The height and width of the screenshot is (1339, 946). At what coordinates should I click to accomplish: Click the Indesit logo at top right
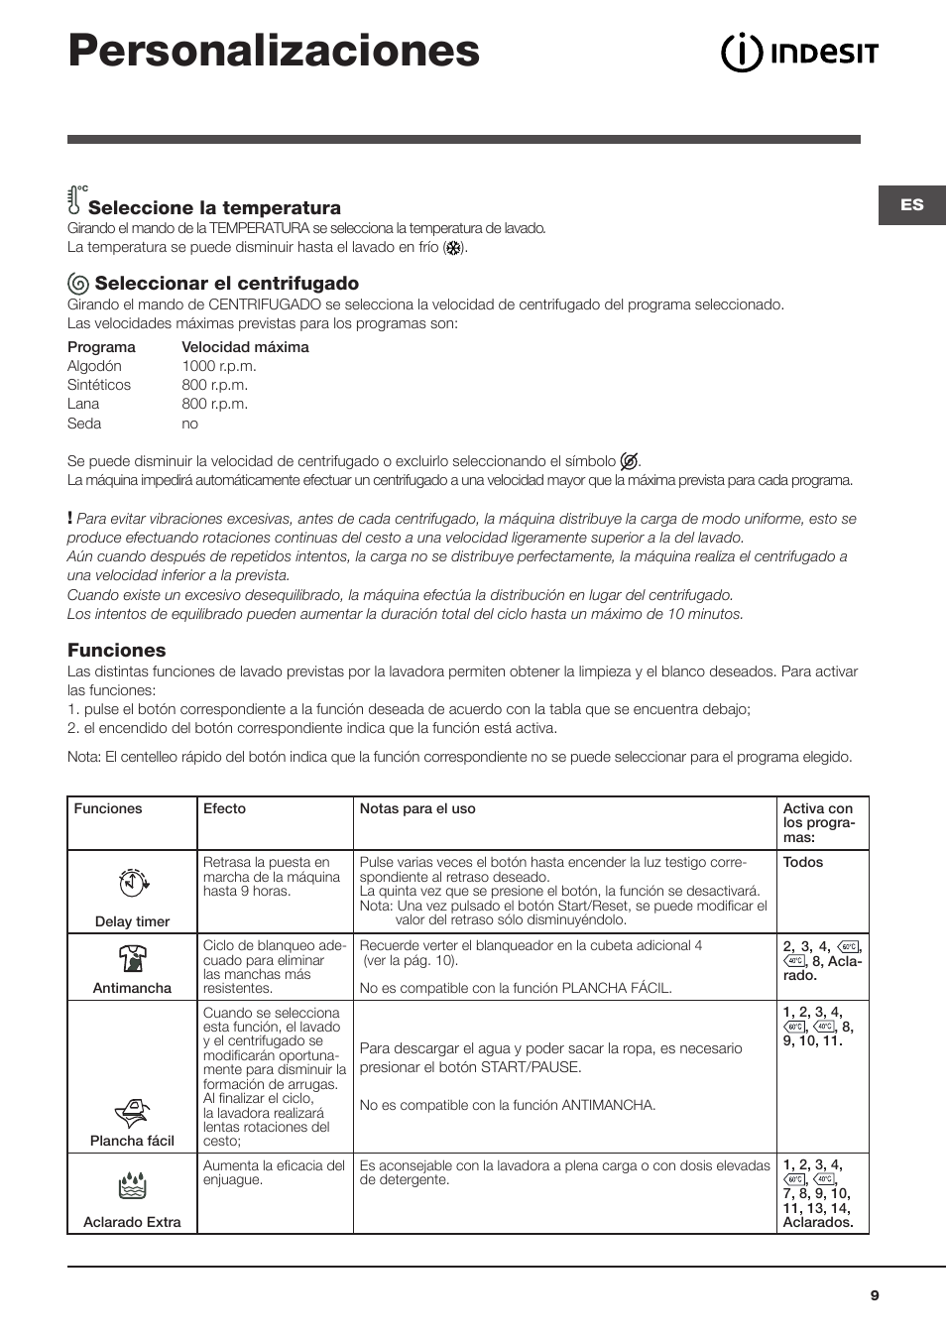click(x=799, y=53)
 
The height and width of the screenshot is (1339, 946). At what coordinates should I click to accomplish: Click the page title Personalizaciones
click(x=274, y=51)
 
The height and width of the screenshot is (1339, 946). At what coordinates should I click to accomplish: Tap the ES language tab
click(x=911, y=205)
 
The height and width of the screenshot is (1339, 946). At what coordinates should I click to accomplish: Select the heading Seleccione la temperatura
click(x=214, y=207)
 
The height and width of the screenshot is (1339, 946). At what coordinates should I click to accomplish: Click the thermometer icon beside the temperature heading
click(x=75, y=199)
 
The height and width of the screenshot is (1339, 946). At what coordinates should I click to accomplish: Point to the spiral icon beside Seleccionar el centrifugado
click(x=78, y=284)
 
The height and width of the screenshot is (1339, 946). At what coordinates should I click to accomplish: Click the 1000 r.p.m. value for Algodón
click(x=218, y=366)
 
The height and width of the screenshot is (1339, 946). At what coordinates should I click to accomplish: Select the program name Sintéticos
click(x=99, y=385)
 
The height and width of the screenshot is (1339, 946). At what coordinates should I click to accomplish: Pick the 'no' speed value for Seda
click(x=189, y=424)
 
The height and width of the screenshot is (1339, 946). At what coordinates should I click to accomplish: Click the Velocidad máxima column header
click(x=245, y=347)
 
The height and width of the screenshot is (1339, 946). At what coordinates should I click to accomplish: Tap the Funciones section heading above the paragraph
click(x=117, y=651)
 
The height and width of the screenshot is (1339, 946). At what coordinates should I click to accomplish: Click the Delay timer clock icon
click(x=133, y=882)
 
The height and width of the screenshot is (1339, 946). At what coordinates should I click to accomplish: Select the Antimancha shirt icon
click(x=132, y=958)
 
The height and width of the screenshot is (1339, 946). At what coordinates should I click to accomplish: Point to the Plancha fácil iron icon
click(x=132, y=1113)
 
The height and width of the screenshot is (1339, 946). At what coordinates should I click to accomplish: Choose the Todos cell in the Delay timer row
click(x=803, y=862)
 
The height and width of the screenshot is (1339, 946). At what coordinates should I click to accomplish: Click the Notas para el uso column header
click(x=417, y=809)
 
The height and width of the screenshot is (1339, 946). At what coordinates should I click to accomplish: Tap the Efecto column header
click(x=224, y=809)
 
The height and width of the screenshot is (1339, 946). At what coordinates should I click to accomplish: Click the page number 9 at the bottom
click(x=875, y=1295)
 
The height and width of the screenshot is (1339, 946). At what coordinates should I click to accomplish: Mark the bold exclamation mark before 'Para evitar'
click(x=70, y=518)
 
